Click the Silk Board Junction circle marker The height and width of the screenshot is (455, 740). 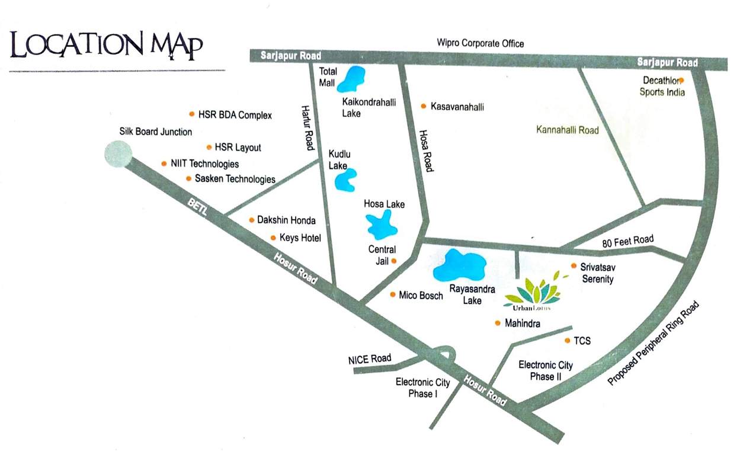pos(118,154)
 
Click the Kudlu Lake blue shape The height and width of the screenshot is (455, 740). pos(345,180)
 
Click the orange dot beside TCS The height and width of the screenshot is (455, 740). pos(568,341)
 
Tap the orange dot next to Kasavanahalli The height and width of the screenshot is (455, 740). pos(424,107)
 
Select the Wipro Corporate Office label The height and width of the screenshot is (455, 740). pos(480,43)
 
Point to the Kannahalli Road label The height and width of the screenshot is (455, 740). pos(567,130)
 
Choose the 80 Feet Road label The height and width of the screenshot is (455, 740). pos(627,240)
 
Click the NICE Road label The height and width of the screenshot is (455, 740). pos(370,358)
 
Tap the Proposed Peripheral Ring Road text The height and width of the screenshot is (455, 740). pos(654,344)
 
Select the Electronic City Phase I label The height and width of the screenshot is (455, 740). pos(422,387)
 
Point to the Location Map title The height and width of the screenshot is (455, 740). pos(107,46)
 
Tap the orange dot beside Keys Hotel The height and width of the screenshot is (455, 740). pos(273,238)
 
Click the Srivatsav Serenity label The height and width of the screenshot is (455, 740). pos(597,273)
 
